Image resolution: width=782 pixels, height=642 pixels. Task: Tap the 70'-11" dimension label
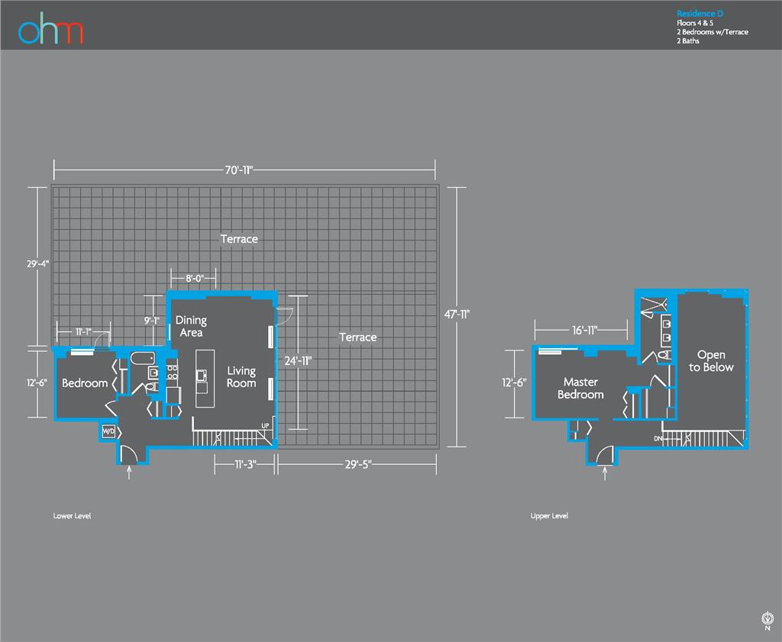pos(239,170)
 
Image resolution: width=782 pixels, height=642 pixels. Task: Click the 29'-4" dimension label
pos(37,263)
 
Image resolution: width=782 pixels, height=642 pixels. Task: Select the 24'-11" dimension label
pos(298,360)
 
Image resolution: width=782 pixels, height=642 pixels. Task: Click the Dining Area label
pos(191,327)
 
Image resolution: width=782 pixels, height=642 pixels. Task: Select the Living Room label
pos(241,376)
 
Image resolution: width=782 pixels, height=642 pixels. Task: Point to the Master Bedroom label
pos(580,388)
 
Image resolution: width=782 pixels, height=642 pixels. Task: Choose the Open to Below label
pos(711,361)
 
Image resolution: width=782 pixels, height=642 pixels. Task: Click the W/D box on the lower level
pos(108,432)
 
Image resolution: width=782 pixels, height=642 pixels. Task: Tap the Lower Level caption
pos(72,516)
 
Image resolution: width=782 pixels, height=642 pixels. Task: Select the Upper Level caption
pos(549,516)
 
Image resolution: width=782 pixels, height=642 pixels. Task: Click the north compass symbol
pos(767,619)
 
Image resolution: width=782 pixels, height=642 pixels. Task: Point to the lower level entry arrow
pos(128,473)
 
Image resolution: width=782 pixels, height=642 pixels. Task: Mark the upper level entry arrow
pos(606,473)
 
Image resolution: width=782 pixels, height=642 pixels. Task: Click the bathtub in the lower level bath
pos(142,357)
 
